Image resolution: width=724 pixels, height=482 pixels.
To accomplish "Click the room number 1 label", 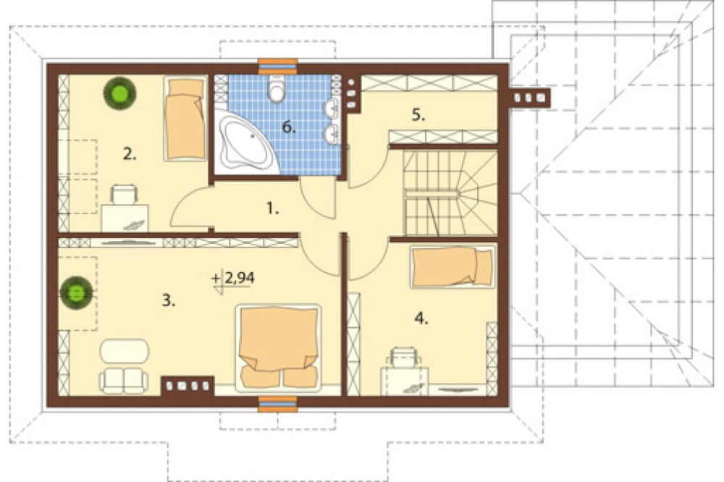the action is point(272,209).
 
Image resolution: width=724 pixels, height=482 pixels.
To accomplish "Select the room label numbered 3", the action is point(169,300).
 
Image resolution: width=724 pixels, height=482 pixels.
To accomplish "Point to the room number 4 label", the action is point(421,318).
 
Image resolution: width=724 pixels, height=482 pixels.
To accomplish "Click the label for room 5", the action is point(418,115).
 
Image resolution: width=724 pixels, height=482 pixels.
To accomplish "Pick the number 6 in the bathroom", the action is point(289,127).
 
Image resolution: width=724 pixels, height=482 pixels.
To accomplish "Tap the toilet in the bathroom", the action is point(277,88).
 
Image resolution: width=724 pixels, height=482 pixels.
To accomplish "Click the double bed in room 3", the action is point(278,346).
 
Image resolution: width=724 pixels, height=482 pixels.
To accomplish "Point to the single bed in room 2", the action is point(185,119).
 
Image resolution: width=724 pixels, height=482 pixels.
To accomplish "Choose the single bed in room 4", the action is point(452,266).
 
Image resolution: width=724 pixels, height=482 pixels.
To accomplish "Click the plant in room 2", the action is point(119,94).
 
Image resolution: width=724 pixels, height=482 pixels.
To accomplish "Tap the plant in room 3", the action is point(76,292).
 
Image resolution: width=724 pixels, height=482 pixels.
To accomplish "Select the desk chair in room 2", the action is point(124,194).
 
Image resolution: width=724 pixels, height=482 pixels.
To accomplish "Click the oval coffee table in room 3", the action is point(125,351).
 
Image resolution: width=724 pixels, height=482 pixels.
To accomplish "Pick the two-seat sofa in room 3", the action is point(124,381).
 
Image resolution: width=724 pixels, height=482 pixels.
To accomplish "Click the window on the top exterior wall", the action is point(277,66).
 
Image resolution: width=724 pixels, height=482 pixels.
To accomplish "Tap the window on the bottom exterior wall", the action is point(277,404).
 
